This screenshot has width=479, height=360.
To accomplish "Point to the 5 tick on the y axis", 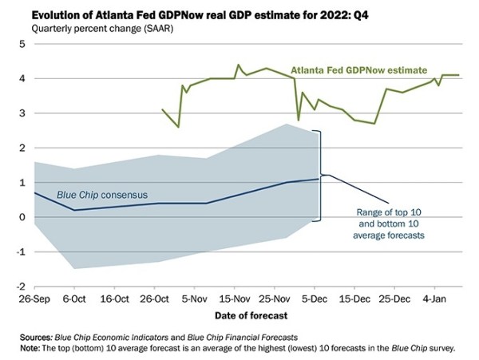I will click(x=22, y=44).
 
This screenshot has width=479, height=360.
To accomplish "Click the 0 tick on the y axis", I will click(x=22, y=217).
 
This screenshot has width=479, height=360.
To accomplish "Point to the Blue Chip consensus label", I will click(x=96, y=194).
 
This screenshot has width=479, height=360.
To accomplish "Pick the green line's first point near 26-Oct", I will click(x=162, y=110).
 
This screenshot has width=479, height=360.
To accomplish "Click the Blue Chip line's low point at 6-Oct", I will click(x=74, y=210).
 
